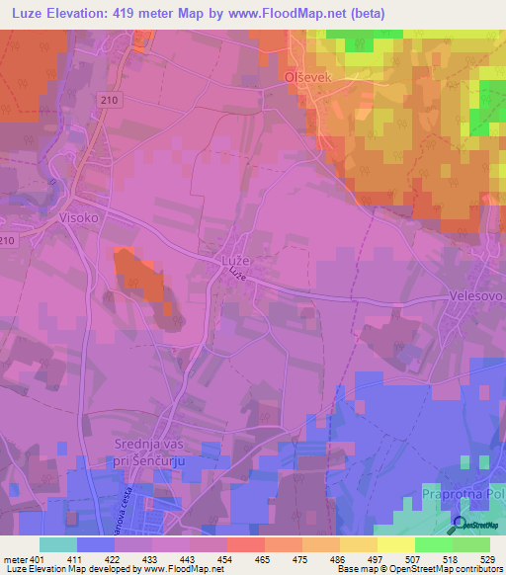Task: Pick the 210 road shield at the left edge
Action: [8, 240]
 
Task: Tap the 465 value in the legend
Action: [261, 560]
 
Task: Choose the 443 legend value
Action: [187, 560]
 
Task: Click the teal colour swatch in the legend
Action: [57, 544]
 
